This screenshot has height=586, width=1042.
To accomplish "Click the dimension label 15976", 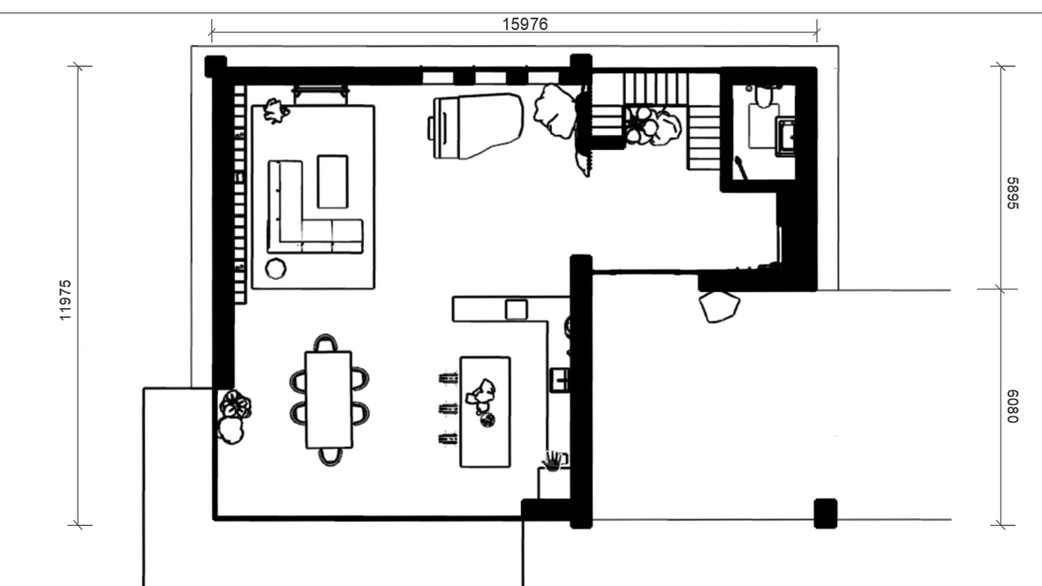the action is click(x=525, y=24).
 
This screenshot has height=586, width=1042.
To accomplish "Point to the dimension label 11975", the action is click(x=65, y=300).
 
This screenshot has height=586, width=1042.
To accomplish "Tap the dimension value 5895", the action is click(x=1012, y=192).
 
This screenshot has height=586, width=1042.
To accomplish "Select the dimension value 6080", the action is click(x=1012, y=406).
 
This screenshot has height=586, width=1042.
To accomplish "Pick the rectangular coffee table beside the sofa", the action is click(x=332, y=182).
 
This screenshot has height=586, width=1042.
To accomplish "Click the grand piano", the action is click(x=476, y=125).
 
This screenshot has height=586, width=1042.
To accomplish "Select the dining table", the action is click(x=328, y=400).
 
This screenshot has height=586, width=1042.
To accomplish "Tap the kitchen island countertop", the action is click(x=485, y=412).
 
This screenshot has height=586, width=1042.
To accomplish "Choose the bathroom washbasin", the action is click(x=786, y=137).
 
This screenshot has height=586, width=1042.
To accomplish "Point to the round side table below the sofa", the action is click(x=276, y=268).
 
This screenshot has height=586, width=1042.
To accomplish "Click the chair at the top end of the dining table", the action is click(x=325, y=342).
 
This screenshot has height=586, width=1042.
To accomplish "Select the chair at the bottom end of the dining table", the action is click(x=330, y=456).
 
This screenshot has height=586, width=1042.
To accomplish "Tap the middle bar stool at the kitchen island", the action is click(x=448, y=408).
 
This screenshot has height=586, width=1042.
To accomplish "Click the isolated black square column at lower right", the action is click(x=826, y=513).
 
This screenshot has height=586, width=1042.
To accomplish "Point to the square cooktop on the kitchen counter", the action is click(x=516, y=310).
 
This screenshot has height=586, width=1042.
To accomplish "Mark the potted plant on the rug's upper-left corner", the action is click(x=276, y=110).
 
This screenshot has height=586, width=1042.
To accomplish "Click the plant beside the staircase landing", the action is click(x=653, y=126).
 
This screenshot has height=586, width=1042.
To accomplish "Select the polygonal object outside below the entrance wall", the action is click(x=719, y=306).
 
